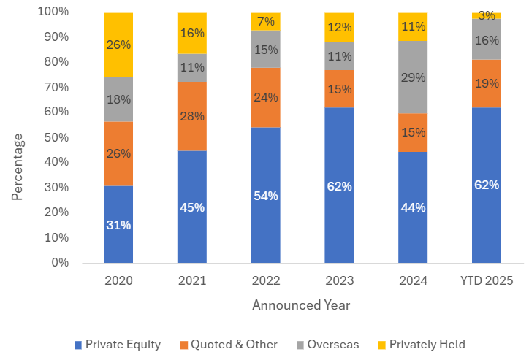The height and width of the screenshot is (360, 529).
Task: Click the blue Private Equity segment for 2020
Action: click(x=118, y=224)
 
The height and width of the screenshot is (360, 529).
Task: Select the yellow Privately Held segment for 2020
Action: click(x=118, y=45)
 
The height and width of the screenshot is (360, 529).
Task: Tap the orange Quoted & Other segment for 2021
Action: click(x=191, y=116)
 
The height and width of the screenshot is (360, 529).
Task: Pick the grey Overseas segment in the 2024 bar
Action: click(x=412, y=77)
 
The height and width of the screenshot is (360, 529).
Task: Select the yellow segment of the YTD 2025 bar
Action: click(x=486, y=15)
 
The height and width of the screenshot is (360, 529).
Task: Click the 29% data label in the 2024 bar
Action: click(x=412, y=77)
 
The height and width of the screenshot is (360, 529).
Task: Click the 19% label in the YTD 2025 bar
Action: click(x=486, y=83)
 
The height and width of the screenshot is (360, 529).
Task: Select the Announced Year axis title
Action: click(x=301, y=305)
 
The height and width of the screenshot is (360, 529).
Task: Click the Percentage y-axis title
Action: click(x=18, y=166)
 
